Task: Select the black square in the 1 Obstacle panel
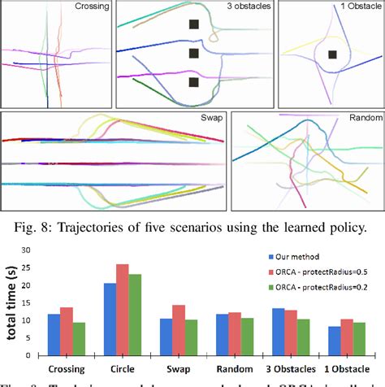tap(332, 55)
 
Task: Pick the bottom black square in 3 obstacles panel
tap(193, 82)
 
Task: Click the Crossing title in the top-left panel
tap(91, 7)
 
